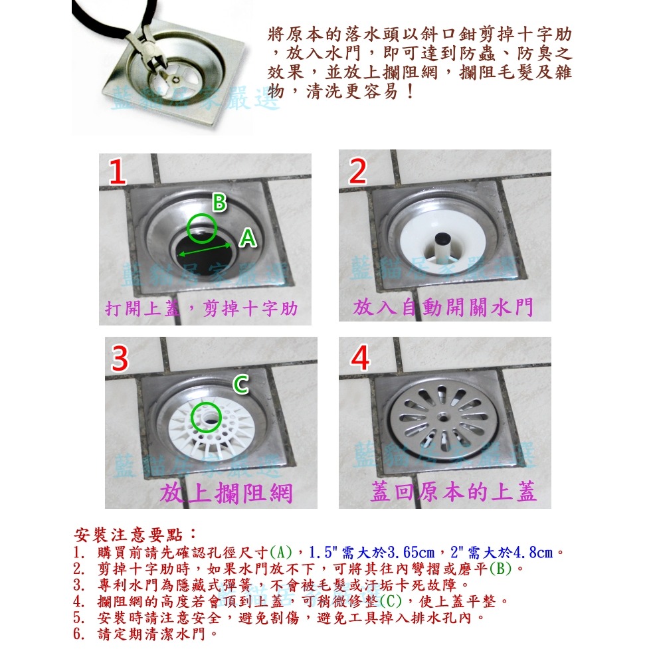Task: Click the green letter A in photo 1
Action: click(248, 240)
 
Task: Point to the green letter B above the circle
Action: click(220, 203)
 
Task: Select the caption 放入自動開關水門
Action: click(443, 308)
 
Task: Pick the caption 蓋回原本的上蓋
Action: click(453, 493)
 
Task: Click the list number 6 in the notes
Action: click(78, 634)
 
